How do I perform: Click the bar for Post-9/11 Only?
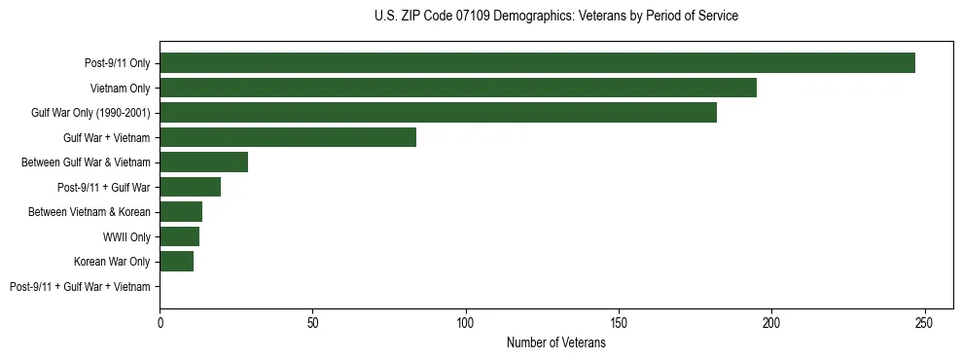point(537,63)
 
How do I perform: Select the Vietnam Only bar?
point(458,88)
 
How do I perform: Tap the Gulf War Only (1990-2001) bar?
point(438,113)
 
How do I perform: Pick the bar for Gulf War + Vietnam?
point(288,137)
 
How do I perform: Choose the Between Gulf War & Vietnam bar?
point(203,162)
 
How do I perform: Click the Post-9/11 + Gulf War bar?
point(190,187)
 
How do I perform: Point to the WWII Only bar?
point(179,236)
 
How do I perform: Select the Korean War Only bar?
point(176,262)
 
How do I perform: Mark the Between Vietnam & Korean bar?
point(181,212)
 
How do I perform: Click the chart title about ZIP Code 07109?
point(555,17)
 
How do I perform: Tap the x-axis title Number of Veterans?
point(555,342)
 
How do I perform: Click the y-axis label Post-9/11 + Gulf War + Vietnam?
point(80,287)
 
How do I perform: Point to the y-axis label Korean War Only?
point(112,262)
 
